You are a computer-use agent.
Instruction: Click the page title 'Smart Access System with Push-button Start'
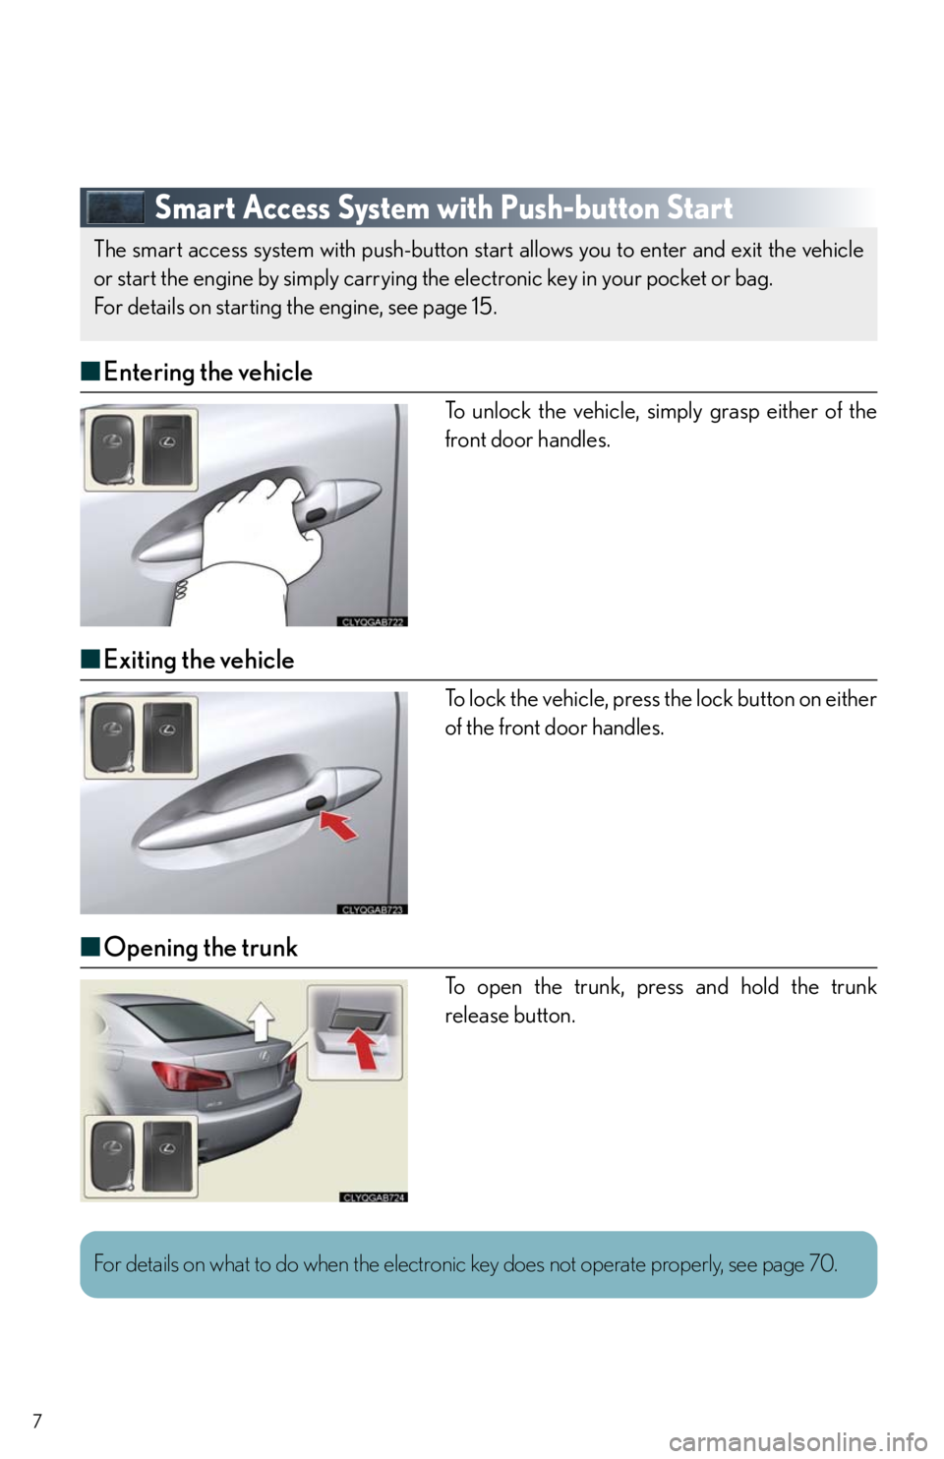pyautogui.click(x=443, y=208)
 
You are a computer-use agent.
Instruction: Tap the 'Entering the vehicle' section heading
pyautogui.click(x=207, y=373)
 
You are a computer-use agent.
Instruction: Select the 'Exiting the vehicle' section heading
pyautogui.click(x=199, y=660)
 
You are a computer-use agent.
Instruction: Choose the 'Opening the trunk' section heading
pyautogui.click(x=201, y=948)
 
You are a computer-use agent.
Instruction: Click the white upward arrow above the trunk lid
pyautogui.click(x=262, y=1021)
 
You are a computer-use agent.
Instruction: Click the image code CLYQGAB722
pyautogui.click(x=373, y=621)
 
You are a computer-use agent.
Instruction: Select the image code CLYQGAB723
pyautogui.click(x=373, y=909)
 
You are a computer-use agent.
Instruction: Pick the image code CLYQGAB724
pyautogui.click(x=373, y=1197)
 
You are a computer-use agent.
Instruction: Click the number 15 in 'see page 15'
pyautogui.click(x=481, y=307)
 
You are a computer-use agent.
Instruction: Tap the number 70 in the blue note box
pyautogui.click(x=821, y=1264)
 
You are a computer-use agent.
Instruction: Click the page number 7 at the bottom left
pyautogui.click(x=37, y=1421)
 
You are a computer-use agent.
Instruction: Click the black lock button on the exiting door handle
pyautogui.click(x=316, y=804)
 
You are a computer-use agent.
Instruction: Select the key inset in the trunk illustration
pyautogui.click(x=141, y=1157)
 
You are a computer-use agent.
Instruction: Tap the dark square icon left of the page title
pyautogui.click(x=115, y=207)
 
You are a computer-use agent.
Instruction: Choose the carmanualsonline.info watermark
pyautogui.click(x=804, y=1444)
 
